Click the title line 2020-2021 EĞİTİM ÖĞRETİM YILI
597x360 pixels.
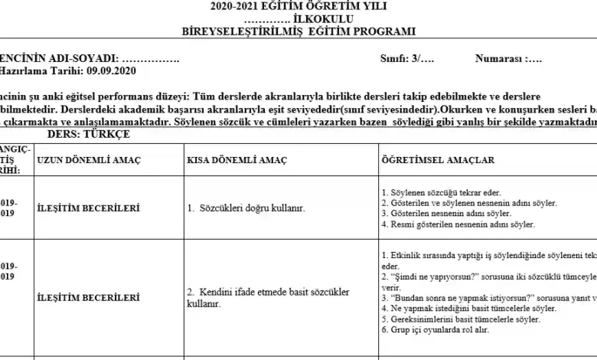click(298, 6)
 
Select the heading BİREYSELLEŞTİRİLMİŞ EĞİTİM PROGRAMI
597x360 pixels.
click(298, 31)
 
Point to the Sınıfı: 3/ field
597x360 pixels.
click(407, 58)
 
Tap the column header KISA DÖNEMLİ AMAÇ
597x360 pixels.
click(237, 160)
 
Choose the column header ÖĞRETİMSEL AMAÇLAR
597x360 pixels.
click(438, 160)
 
